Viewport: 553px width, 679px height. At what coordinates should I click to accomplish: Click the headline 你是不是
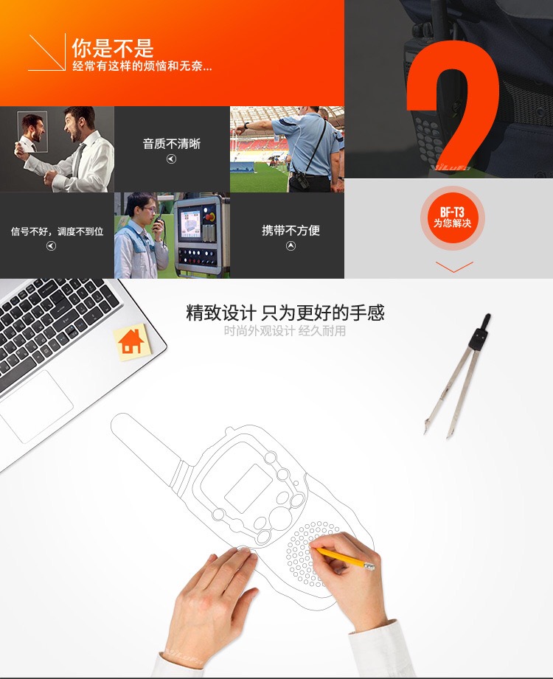113,48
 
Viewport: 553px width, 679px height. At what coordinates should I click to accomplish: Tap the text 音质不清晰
172,144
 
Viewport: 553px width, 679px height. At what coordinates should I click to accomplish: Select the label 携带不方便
291,230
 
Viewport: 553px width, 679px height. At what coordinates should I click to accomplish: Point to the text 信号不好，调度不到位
57,231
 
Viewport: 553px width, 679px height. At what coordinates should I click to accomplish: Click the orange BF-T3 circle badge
453,217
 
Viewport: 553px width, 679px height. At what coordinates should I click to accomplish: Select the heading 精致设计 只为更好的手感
285,312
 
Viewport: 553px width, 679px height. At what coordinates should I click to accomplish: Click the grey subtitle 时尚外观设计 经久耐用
285,331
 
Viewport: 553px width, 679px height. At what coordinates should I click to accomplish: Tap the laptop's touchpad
36,405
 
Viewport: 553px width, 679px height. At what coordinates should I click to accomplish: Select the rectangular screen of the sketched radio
249,488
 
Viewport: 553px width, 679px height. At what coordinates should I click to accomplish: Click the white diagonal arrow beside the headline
46,52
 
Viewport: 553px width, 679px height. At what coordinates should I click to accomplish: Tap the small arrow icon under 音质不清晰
172,159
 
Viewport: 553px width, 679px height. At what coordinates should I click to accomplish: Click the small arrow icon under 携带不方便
291,246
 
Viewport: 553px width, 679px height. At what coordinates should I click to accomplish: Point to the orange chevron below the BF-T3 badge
454,267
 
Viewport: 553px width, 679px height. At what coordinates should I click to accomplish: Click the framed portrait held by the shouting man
32,131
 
